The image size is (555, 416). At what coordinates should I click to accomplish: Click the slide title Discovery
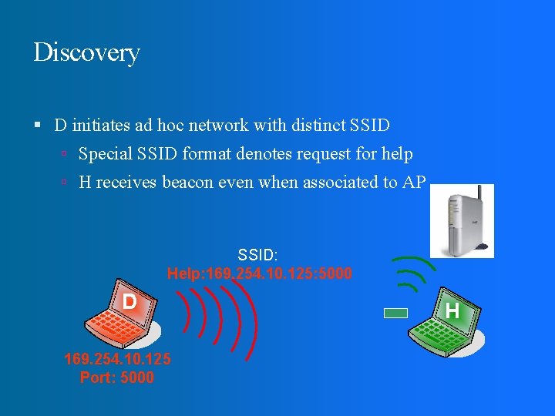click(x=86, y=53)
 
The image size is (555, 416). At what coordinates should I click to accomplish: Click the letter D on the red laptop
click(x=129, y=302)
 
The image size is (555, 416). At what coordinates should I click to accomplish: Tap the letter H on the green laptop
click(x=452, y=310)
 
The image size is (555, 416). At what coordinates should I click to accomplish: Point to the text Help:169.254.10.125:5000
click(x=259, y=273)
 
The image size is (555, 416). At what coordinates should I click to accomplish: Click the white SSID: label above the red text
click(x=257, y=254)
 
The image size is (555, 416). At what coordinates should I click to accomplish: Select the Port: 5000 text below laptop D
click(x=117, y=377)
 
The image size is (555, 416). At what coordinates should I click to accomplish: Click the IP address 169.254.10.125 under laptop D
click(x=117, y=359)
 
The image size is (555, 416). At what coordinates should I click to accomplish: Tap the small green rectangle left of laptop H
click(x=395, y=314)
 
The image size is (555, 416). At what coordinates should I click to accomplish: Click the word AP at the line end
click(x=414, y=183)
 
